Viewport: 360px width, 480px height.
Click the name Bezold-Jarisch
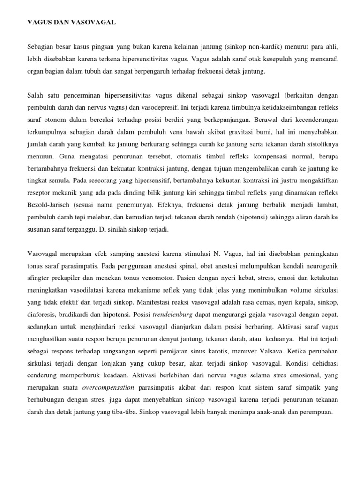tap(45, 205)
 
